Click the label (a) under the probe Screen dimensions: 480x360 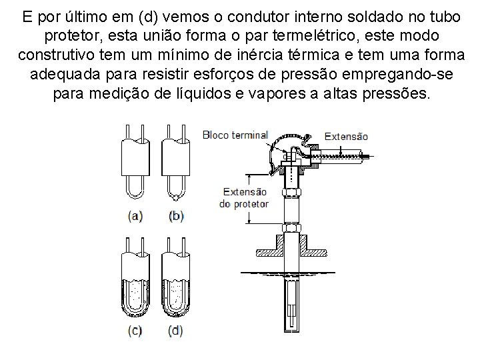135,216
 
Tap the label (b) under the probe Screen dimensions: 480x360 176,216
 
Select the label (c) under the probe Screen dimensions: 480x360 135,331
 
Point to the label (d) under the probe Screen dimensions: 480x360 175,331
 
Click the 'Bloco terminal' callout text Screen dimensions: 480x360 235,135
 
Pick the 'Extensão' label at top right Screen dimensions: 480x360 346,137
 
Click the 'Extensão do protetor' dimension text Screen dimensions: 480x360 244,198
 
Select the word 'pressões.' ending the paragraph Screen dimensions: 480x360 397,93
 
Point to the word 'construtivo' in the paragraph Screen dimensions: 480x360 56,55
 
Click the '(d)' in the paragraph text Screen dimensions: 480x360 148,17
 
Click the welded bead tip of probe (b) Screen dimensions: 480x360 175,198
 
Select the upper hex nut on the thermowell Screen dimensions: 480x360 291,193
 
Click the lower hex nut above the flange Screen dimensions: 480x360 291,228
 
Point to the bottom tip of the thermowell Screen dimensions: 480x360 291,331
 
